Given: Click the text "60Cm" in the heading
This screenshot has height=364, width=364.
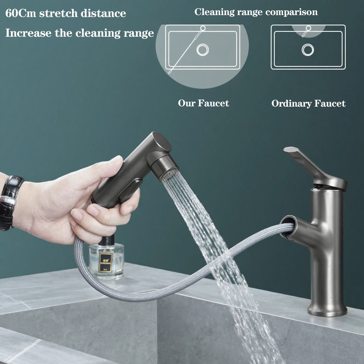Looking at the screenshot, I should pos(21,13).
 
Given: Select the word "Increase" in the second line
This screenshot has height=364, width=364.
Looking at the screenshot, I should pos(28,33).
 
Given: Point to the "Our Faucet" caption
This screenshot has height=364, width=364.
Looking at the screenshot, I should pos(203,103).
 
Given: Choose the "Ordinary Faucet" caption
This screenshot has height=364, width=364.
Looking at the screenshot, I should pos(308,103).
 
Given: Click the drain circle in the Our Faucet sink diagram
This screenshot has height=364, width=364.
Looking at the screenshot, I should pos(203,50).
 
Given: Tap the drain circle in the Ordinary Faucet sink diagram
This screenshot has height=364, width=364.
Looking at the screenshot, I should pos(308,50).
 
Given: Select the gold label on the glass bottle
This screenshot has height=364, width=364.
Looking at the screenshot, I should pos(105,262).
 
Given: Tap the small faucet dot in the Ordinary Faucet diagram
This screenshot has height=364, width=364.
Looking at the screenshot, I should pos(308,28).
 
